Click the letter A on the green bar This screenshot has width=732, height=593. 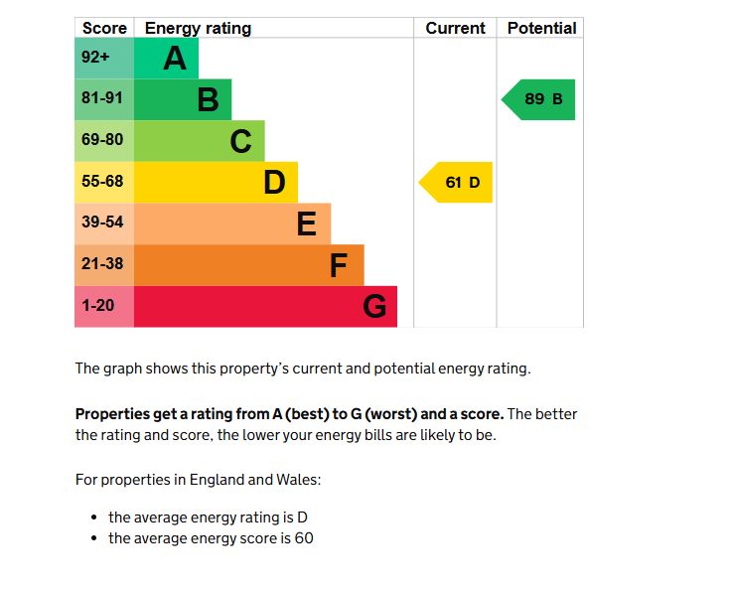tap(175, 59)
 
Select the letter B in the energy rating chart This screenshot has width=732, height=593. tap(208, 100)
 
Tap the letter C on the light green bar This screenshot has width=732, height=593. tap(240, 142)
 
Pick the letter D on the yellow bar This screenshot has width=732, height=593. tap(274, 183)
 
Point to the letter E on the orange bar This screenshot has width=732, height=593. tap(307, 224)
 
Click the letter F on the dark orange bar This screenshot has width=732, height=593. tap(339, 266)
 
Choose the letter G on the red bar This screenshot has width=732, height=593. tap(374, 307)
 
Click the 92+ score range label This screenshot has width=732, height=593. tap(96, 58)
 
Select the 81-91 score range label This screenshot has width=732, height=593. tap(102, 99)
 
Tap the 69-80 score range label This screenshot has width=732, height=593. tap(102, 140)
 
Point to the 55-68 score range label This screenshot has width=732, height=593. tap(102, 182)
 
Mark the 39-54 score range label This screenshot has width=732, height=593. tap(102, 223)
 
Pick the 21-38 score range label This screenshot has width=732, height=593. tap(102, 264)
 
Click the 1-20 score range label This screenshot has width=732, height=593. tap(98, 306)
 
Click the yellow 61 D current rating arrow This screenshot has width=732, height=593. tap(458, 183)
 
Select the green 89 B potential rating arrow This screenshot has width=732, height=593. tap(540, 99)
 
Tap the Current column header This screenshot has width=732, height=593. tap(455, 28)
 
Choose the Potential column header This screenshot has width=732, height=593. tap(541, 28)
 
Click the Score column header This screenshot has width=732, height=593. tap(104, 28)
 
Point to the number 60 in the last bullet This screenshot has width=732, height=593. tap(304, 538)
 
